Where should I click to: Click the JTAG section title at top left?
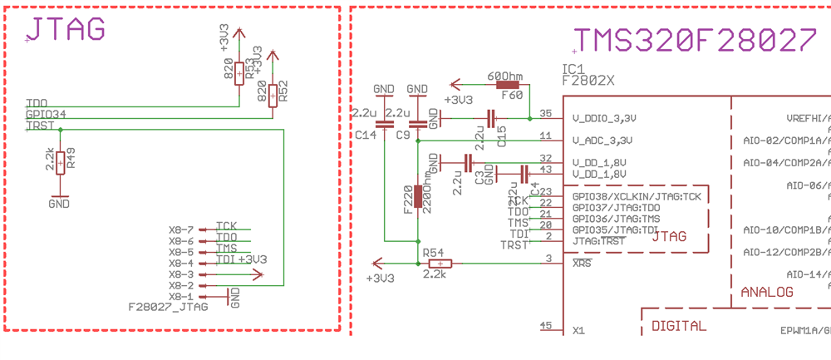click(x=66, y=29)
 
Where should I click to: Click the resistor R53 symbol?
click(x=239, y=73)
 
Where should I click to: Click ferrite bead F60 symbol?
click(x=508, y=84)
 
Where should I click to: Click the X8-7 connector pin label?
click(x=180, y=229)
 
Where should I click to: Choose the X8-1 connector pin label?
click(x=180, y=296)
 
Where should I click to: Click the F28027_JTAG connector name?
click(x=167, y=307)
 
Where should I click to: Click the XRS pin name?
click(x=582, y=264)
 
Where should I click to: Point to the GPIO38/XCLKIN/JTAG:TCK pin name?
click(x=637, y=196)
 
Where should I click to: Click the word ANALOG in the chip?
click(x=766, y=292)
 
